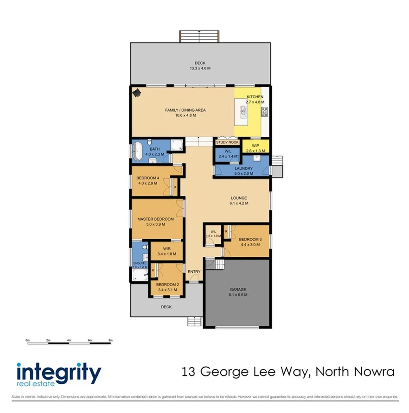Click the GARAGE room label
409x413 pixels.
pyautogui.click(x=238, y=289)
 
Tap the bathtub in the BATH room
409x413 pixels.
pyautogui.click(x=137, y=152)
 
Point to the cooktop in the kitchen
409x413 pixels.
pyautogui.click(x=264, y=111)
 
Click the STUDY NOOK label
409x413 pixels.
pyautogui.click(x=227, y=142)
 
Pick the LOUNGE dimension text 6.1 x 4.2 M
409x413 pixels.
pyautogui.click(x=239, y=203)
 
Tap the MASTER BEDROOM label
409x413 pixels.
pyautogui.click(x=155, y=219)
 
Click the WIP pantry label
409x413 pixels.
pyautogui.click(x=255, y=146)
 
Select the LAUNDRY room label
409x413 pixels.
pyautogui.click(x=243, y=168)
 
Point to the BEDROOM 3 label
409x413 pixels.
pyautogui.click(x=250, y=239)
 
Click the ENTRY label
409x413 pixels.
pyautogui.click(x=194, y=272)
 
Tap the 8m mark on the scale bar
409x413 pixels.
pyautogui.click(x=110, y=340)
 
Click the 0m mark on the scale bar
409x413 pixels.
pyautogui.click(x=27, y=340)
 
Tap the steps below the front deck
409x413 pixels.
pyautogui.click(x=195, y=321)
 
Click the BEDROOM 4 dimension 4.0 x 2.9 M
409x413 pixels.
pyautogui.click(x=147, y=183)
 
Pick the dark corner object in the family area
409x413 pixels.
pyautogui.click(x=136, y=93)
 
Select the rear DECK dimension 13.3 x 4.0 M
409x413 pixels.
pyautogui.click(x=200, y=69)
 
